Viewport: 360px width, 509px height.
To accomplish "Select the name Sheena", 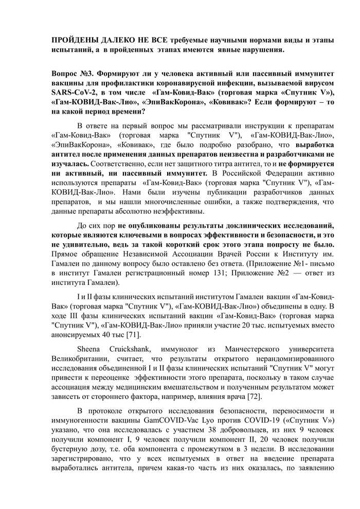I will coord(89,349).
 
